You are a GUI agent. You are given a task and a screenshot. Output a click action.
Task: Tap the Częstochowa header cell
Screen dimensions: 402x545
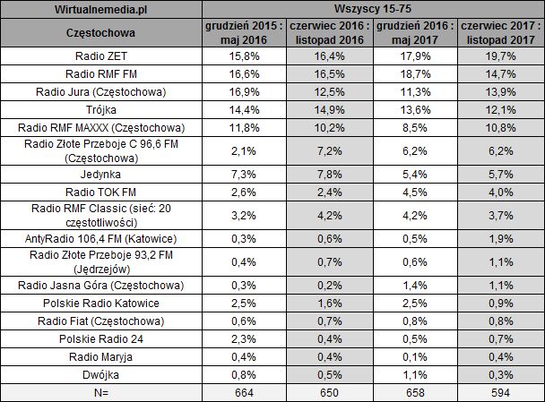(101, 33)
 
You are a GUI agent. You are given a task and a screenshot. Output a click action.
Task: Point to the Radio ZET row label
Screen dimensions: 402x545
(101, 56)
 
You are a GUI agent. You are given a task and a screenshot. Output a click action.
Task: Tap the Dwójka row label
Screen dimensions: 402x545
(101, 375)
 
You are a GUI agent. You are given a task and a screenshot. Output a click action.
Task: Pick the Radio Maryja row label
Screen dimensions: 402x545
(101, 358)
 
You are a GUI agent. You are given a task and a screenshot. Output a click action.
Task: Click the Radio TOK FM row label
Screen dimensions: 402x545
(101, 191)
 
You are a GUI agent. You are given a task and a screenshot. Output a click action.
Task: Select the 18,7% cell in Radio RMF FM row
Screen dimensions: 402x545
(416, 73)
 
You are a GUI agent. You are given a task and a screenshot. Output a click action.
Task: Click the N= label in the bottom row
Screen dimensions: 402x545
(101, 392)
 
